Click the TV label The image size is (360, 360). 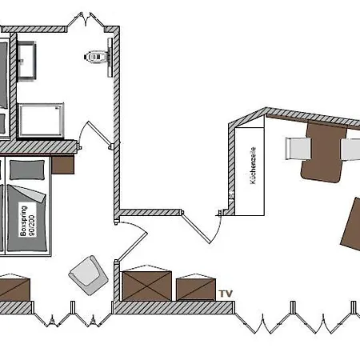pos(226,294)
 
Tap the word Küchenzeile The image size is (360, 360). pos(253,166)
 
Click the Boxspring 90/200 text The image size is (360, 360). pos(27,221)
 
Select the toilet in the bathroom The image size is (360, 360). pos(96,57)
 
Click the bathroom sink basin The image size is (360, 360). pos(26,60)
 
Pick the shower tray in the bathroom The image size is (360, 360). pos(41,120)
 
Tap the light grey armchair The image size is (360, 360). pos(89,275)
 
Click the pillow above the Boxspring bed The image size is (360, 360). pos(27,170)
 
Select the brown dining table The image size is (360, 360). pos(325,151)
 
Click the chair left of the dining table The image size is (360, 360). pos(298,149)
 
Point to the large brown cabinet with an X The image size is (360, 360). pos(147,286)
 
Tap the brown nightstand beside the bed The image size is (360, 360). pos(62,165)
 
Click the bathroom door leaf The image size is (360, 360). pos(99,134)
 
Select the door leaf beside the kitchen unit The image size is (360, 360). pos(196,228)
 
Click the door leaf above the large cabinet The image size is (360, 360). pos(133,246)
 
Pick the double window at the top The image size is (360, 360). pos(86,20)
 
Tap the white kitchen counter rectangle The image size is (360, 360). pos(250,171)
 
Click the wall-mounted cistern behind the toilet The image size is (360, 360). pos(110,58)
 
